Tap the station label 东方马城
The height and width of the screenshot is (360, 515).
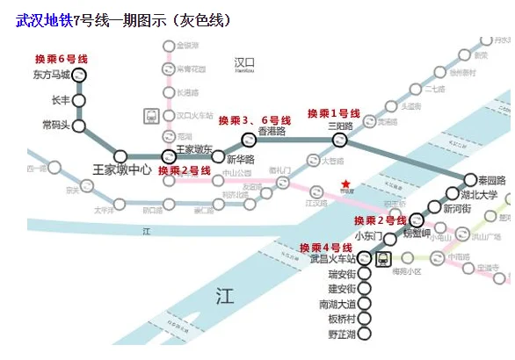(48, 75)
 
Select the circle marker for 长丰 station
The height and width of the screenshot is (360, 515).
(79, 100)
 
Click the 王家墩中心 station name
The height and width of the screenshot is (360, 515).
(122, 168)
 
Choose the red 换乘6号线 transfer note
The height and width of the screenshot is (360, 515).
(61, 59)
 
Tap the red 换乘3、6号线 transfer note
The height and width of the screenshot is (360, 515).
(254, 119)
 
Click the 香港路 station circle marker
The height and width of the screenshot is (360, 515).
(248, 139)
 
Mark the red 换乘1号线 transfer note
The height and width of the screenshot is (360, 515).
(333, 113)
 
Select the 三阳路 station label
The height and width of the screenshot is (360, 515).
(341, 126)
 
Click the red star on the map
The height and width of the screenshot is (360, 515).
(347, 184)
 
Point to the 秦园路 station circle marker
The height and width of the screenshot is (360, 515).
(470, 179)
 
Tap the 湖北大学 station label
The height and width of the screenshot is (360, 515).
(478, 195)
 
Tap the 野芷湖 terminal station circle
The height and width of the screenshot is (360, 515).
(365, 335)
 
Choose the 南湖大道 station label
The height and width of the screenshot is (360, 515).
(337, 304)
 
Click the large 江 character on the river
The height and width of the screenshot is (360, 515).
(226, 298)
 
